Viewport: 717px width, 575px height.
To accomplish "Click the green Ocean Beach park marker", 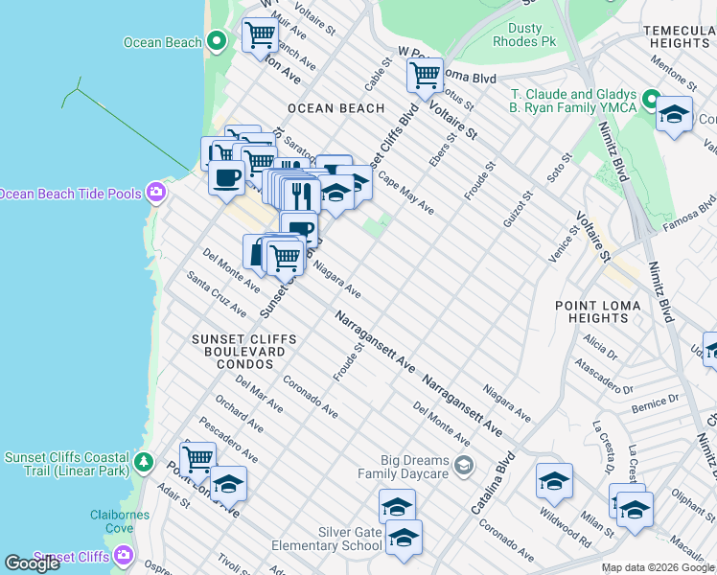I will pyautogui.click(x=217, y=41).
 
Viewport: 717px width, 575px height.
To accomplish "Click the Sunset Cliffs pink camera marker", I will pyautogui.click(x=124, y=555).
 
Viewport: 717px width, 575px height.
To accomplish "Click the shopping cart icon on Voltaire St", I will pyautogui.click(x=424, y=75).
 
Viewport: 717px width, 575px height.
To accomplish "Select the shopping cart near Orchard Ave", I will pyautogui.click(x=197, y=458).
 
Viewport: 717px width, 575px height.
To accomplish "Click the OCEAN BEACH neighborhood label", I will pyautogui.click(x=335, y=108).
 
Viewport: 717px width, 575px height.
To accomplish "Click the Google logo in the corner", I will pyautogui.click(x=33, y=563).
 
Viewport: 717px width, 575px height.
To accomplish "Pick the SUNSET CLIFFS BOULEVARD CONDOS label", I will pyautogui.click(x=238, y=352).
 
